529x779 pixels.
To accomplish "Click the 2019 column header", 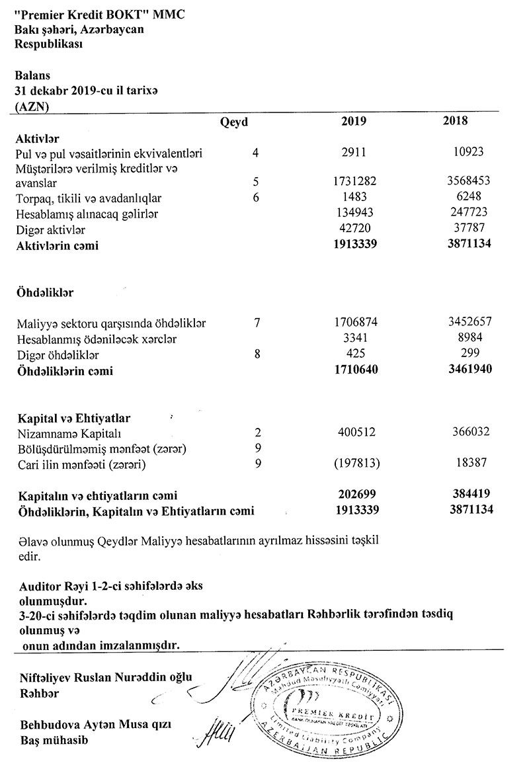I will (x=354, y=121).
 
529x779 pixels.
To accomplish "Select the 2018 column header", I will (x=456, y=121).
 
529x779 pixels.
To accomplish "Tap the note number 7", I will (x=257, y=323).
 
